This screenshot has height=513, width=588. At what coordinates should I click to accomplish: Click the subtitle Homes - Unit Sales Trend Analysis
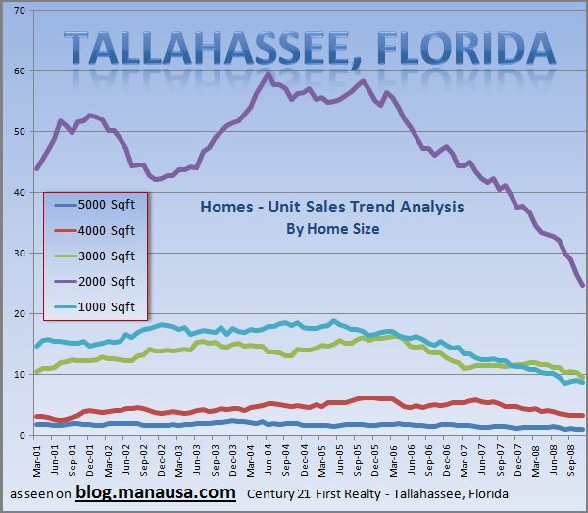click(x=331, y=207)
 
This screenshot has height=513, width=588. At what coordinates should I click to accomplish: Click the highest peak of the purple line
click(x=269, y=73)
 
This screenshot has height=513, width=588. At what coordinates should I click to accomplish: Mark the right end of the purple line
click(x=583, y=286)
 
